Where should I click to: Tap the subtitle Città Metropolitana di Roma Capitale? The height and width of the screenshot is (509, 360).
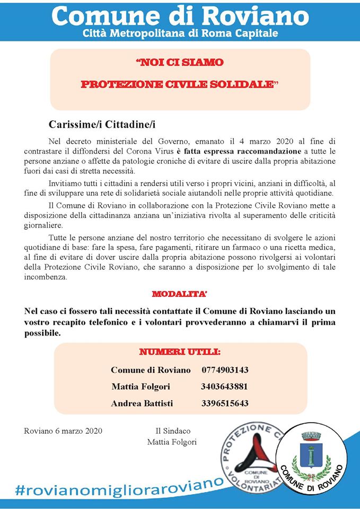[x=180, y=34]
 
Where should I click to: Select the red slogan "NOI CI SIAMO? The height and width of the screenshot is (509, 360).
[x=180, y=63]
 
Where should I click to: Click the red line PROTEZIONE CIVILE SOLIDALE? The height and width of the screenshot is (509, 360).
[x=180, y=85]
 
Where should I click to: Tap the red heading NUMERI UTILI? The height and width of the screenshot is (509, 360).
[x=180, y=352]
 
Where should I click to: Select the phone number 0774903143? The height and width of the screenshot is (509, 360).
[x=225, y=370]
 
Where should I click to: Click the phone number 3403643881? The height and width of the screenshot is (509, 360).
[x=225, y=387]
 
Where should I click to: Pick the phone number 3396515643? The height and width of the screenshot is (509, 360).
[x=225, y=403]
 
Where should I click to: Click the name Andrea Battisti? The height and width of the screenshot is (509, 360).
[x=142, y=403]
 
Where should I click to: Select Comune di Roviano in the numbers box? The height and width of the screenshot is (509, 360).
[x=151, y=370]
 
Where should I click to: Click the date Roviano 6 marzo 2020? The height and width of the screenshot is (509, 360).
[x=63, y=431]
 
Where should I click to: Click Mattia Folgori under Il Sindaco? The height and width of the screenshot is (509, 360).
[x=172, y=442]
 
